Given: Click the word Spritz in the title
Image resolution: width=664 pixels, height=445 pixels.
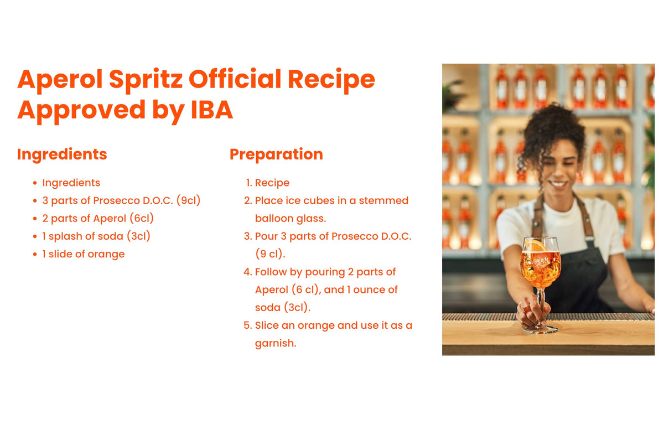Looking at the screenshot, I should [147, 80].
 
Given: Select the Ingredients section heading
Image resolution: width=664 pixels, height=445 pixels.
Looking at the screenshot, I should [62, 154].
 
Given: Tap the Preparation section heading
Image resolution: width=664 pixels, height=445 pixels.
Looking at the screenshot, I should [276, 154].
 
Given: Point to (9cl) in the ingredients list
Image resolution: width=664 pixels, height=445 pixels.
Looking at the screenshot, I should [188, 200].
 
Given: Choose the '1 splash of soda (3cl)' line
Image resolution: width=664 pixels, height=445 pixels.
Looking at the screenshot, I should [96, 236].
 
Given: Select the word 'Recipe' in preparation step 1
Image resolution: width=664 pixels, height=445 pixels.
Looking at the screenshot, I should [272, 183].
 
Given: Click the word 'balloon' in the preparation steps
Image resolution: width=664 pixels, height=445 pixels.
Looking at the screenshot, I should [274, 218].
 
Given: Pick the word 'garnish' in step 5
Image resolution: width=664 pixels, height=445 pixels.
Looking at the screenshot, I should [274, 343].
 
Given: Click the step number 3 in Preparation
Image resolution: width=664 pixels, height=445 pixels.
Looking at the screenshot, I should [247, 236].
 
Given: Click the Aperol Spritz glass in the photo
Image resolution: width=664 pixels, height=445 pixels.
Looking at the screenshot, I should [540, 266].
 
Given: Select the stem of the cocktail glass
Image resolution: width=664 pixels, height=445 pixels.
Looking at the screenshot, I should [541, 304].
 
